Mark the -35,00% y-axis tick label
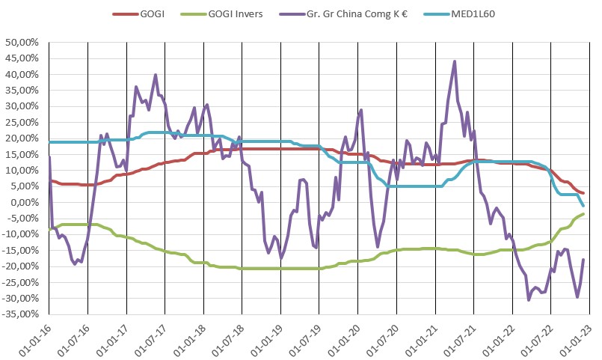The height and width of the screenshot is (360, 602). point(22,314)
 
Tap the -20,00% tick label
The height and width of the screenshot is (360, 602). point(22,266)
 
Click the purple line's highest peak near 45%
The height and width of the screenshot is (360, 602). point(455,61)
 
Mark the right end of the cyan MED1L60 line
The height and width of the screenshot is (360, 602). point(583,205)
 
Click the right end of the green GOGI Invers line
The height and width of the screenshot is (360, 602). point(583,214)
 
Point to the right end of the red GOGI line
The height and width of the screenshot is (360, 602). point(583,193)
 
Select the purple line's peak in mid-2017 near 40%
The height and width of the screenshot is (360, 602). point(155,75)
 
